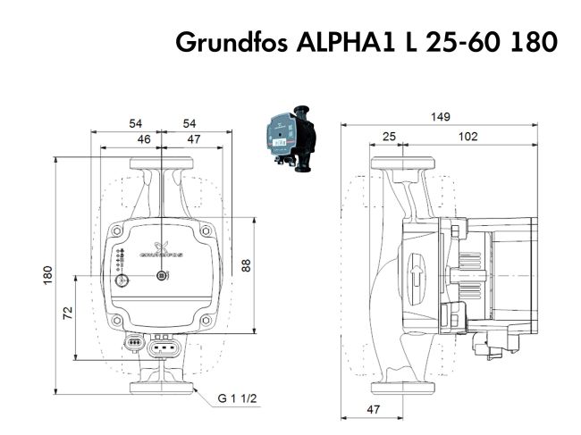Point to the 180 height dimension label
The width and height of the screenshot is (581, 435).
tap(47, 275)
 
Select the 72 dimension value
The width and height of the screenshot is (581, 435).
tap(67, 313)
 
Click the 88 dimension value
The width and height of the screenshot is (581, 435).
tap(246, 265)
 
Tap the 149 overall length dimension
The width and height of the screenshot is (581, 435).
tap(440, 117)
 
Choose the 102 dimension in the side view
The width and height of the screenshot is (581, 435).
tap(467, 137)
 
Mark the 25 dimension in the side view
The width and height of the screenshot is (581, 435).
tap(389, 137)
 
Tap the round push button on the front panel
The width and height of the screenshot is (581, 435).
tap(122, 280)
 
